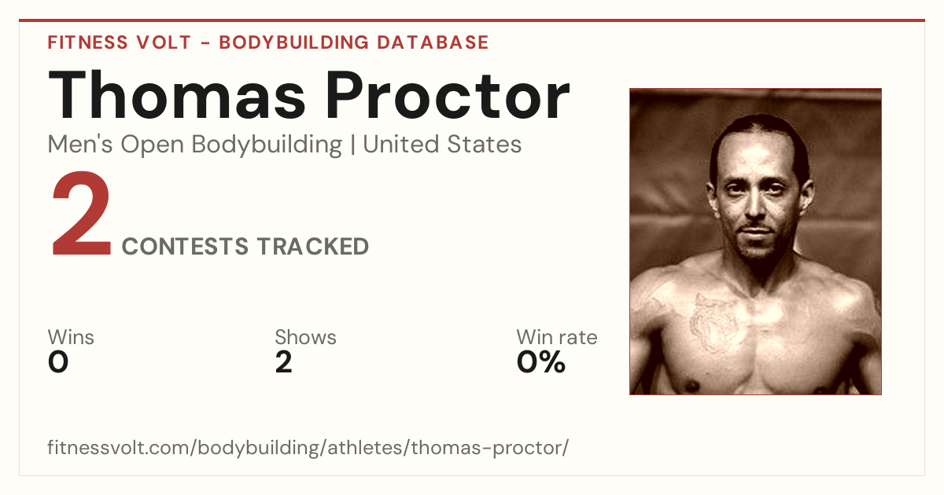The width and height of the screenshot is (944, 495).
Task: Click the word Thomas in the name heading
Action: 176,95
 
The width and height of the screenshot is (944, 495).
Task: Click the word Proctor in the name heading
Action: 448,95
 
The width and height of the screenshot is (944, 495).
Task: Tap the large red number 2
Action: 81,213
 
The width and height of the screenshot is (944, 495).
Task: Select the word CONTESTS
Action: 185,247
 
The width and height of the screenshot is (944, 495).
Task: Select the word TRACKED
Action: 313,247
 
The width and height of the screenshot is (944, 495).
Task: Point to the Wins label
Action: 71,337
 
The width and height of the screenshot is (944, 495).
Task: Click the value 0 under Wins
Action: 58,362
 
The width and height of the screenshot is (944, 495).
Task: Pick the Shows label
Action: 305,337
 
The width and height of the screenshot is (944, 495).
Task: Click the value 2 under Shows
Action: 284,362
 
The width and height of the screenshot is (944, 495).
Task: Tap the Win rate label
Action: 557,337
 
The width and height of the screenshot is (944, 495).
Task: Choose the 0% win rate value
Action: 541,362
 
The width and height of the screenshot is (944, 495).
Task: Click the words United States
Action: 442,145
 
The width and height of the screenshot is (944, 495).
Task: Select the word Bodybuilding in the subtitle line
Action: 267,145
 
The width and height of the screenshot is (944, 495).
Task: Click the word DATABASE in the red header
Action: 433,42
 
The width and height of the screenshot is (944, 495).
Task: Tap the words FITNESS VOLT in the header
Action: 120,42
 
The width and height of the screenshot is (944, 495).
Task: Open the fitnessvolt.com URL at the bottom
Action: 308,447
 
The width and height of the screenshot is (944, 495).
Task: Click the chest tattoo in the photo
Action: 714,323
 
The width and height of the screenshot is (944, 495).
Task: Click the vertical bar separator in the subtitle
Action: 352,145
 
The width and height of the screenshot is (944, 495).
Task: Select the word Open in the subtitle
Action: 153,145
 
